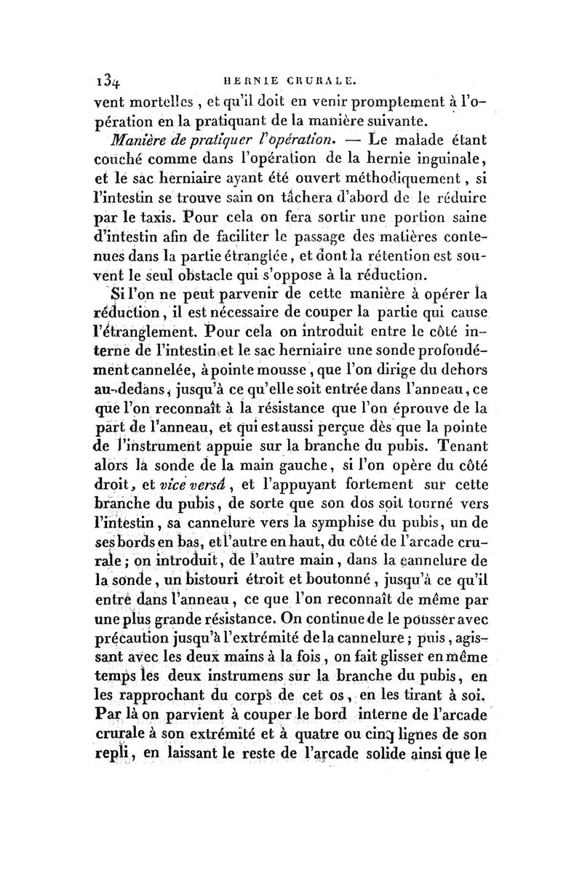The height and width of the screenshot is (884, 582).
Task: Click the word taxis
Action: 164,215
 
